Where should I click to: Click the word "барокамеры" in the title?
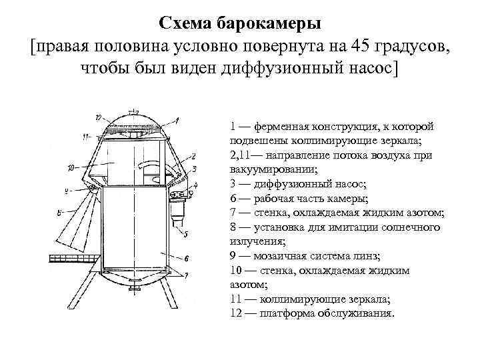coord(269,24)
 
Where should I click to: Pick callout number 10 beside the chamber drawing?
coord(71,168)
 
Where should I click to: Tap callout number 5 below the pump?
coord(185,234)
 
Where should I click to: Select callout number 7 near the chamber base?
coord(187,274)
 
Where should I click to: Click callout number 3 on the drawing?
coord(191,168)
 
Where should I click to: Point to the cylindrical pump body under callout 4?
coord(178,213)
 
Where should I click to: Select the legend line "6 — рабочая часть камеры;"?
coord(298,198)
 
